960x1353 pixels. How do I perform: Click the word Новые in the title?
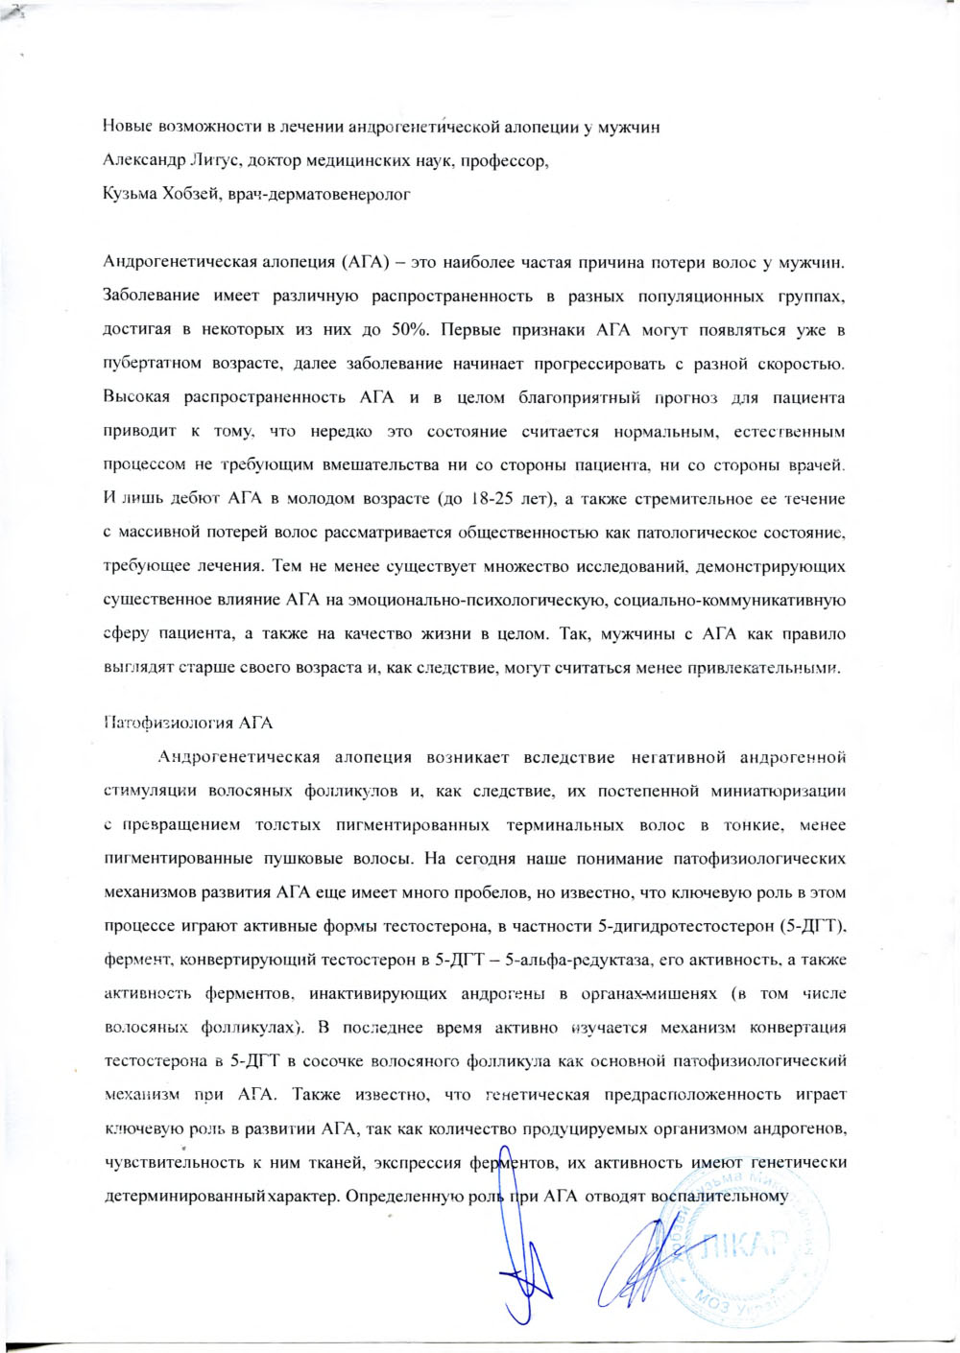pos(128,127)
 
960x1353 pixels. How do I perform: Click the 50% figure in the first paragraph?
pos(410,330)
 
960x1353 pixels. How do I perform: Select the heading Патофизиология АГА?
pos(187,723)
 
